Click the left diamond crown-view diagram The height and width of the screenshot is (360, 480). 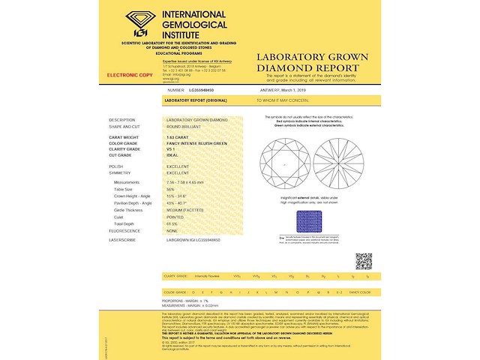pyautogui.click(x=284, y=163)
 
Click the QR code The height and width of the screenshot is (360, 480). pyautogui.click(x=364, y=261)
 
